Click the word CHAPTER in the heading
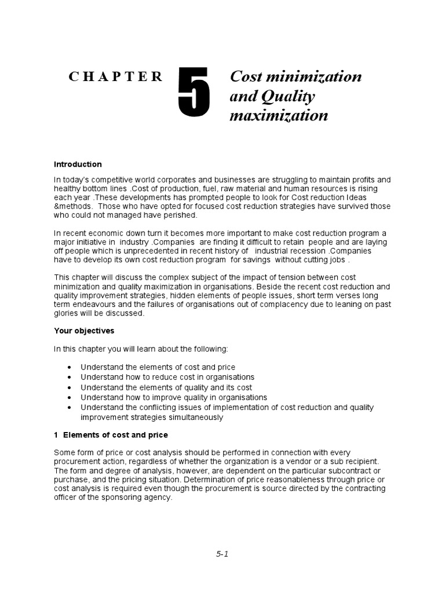(x=116, y=77)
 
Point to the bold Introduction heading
(x=78, y=164)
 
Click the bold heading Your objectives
(x=84, y=331)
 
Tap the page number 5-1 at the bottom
(x=222, y=554)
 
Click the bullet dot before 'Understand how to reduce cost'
(x=70, y=378)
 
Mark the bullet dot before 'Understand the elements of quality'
(x=70, y=387)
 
